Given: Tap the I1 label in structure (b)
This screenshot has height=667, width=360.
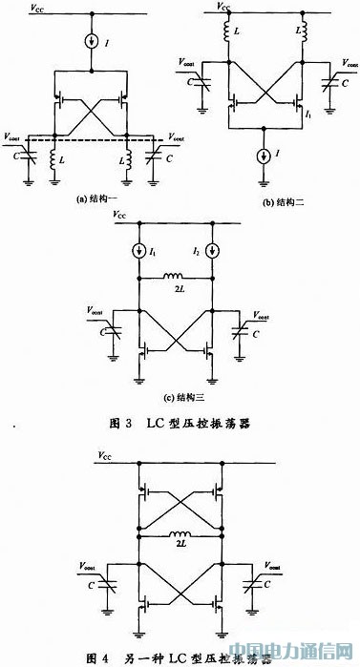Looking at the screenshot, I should point(309,115).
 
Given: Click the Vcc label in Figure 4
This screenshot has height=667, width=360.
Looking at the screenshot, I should point(107,459).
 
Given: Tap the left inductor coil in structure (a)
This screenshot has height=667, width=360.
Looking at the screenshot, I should point(55,158).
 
